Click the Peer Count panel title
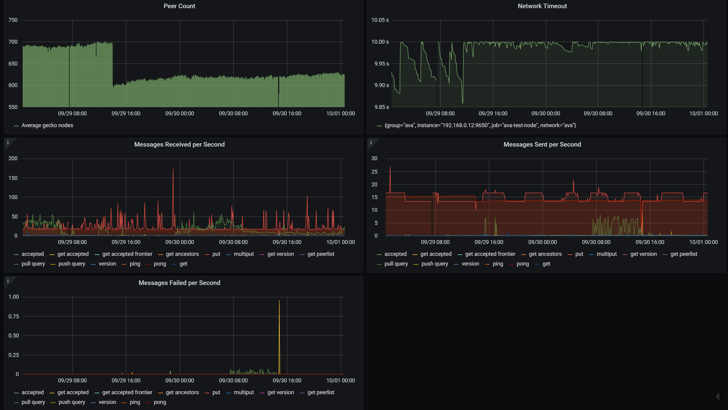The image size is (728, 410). click(179, 6)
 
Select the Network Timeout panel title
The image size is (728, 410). click(542, 6)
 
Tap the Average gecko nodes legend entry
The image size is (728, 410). click(47, 125)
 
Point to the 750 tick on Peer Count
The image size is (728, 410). click(13, 20)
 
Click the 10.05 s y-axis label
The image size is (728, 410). click(380, 20)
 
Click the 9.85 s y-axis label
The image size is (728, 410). click(381, 107)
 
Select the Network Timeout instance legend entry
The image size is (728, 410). click(480, 125)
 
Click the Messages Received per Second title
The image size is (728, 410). click(179, 144)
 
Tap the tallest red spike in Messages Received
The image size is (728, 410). click(173, 170)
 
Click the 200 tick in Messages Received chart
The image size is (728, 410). click(13, 158)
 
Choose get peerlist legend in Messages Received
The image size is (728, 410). click(320, 254)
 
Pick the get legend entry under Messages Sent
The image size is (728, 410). click(546, 264)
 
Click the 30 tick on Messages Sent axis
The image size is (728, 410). click(374, 158)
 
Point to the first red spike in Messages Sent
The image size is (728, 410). click(390, 168)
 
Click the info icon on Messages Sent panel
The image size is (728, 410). click(371, 142)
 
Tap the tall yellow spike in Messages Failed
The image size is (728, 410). click(279, 302)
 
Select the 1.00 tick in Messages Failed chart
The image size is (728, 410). click(14, 297)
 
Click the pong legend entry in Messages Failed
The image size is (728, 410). click(159, 402)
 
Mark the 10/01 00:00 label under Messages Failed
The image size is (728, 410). click(341, 381)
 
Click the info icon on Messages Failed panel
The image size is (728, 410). click(8, 281)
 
